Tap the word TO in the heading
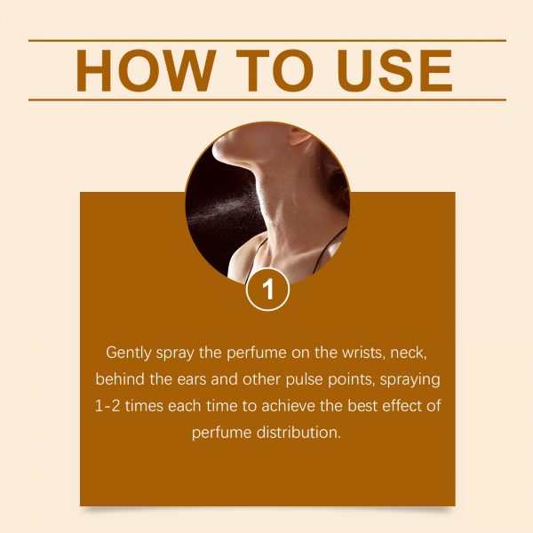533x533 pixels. click(274, 71)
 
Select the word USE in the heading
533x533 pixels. click(394, 71)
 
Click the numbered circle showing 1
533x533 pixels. click(268, 290)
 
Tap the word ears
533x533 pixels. click(191, 379)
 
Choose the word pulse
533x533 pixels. click(304, 380)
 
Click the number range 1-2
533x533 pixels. click(107, 406)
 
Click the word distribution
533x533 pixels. click(298, 433)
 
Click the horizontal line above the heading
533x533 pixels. click(267, 41)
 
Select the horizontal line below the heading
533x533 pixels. click(267, 99)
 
